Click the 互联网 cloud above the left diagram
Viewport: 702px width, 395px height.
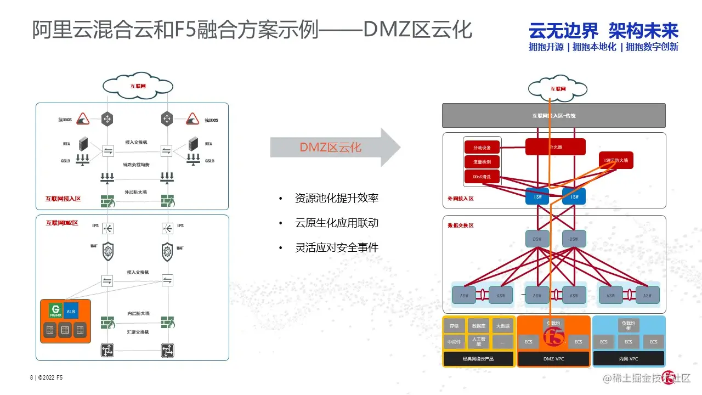(x=138, y=86)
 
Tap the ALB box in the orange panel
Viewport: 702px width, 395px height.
(x=71, y=311)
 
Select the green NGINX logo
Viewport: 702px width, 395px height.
(x=55, y=311)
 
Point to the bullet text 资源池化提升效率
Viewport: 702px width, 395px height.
(x=336, y=198)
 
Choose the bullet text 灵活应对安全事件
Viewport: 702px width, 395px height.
(x=336, y=247)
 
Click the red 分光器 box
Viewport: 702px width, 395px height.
(x=555, y=147)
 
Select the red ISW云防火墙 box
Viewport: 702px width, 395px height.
(x=616, y=160)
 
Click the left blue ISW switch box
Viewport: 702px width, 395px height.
(x=537, y=196)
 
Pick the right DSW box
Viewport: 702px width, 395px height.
(x=574, y=239)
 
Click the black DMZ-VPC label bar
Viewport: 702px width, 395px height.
(x=553, y=359)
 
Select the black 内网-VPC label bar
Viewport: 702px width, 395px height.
(x=629, y=359)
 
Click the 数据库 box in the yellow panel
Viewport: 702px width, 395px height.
(x=478, y=325)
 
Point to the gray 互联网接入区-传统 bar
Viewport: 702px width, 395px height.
(x=553, y=116)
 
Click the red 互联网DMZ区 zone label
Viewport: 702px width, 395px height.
(x=62, y=223)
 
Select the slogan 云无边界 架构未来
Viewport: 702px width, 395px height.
(x=603, y=31)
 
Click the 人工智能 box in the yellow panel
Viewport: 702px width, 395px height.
(x=478, y=342)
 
